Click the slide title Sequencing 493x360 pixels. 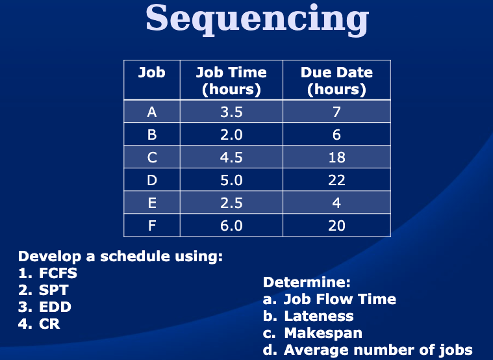[x=257, y=19]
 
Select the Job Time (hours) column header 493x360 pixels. [x=231, y=81]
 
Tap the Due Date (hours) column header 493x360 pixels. [x=336, y=81]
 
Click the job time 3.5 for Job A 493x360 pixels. [x=231, y=112]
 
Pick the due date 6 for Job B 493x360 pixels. [x=336, y=135]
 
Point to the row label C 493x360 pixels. [x=152, y=157]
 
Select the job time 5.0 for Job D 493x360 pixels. [x=231, y=180]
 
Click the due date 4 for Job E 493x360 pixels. [x=336, y=203]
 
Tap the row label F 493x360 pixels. [x=152, y=225]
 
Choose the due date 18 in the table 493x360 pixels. [x=336, y=157]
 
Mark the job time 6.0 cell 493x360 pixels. [x=231, y=225]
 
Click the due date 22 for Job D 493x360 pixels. [x=336, y=180]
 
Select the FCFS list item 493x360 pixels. [x=58, y=273]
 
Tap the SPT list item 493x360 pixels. [x=54, y=290]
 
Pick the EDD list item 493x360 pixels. [x=55, y=307]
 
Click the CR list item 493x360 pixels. [x=49, y=324]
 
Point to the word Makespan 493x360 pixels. [x=323, y=333]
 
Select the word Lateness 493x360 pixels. [x=319, y=316]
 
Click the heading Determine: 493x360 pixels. [x=307, y=282]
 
